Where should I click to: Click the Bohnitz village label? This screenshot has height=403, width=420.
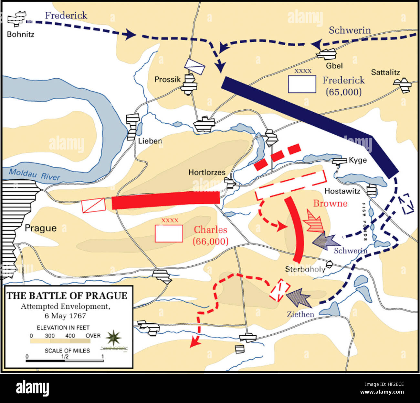pos(21,34)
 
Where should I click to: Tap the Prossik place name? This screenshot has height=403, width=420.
pos(167,79)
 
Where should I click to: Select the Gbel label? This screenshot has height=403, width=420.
pos(334,66)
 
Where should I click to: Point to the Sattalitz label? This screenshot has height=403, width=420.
pos(385,72)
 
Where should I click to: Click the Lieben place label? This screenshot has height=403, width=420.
pos(150,141)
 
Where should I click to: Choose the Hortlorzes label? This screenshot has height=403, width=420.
pos(207,172)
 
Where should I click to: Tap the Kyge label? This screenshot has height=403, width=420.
pos(358,160)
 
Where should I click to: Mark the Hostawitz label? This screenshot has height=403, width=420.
pos(342,191)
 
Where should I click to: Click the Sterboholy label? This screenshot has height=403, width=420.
pos(305,269)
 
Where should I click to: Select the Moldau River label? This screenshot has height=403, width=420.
pos(34,174)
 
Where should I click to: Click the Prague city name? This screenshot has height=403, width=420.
pos(41,228)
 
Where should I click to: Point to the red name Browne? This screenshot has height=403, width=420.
pos(330,203)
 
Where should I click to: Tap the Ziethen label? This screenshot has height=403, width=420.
pos(300,314)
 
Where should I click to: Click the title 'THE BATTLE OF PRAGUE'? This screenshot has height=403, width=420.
pos(67,296)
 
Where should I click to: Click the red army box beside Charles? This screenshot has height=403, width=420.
pos(169,233)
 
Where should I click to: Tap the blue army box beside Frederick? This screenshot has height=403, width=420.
pos(302,84)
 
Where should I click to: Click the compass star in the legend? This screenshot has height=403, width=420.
pos(114,338)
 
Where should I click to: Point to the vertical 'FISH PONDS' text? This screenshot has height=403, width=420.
pos(364,222)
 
